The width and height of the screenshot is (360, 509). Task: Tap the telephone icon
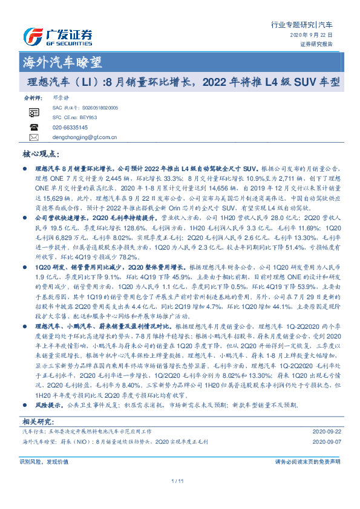click(x=33, y=128)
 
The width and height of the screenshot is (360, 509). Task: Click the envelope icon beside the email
click(x=33, y=138)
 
